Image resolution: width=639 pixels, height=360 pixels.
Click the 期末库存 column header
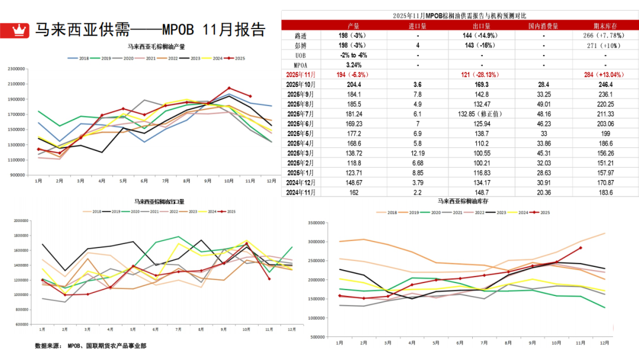tap(605, 25)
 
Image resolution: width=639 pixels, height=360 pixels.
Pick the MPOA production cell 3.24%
tap(354, 65)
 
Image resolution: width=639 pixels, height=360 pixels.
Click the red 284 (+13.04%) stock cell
tap(605, 75)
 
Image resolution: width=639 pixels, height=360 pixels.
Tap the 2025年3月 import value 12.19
tap(418, 153)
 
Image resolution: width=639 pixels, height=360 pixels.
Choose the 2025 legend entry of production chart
tap(237, 58)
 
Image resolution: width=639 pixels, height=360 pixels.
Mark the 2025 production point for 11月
tap(250, 97)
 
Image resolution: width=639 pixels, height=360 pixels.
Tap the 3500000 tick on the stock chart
tap(317, 223)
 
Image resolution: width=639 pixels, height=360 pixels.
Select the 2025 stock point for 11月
tap(580, 248)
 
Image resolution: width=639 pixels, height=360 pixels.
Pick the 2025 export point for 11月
tap(269, 278)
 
